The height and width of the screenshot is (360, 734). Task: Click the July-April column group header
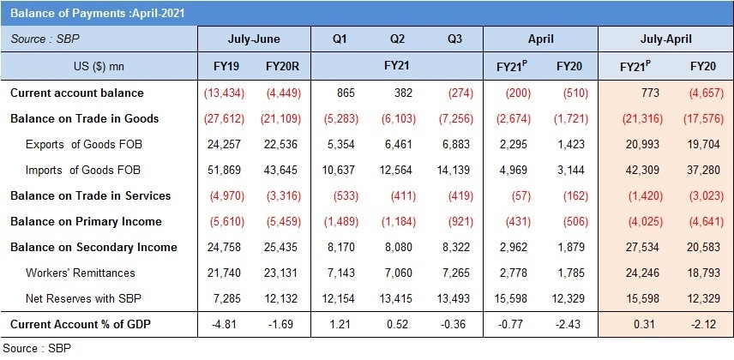pyautogui.click(x=665, y=39)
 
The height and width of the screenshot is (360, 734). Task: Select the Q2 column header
pyautogui.click(x=397, y=39)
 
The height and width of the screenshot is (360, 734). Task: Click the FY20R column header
pyautogui.click(x=281, y=66)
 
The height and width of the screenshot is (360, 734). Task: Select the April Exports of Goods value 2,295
pyautogui.click(x=512, y=144)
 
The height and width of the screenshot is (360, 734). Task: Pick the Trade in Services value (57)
pyautogui.click(x=512, y=195)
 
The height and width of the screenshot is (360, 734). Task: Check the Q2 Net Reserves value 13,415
pyautogui.click(x=397, y=298)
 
